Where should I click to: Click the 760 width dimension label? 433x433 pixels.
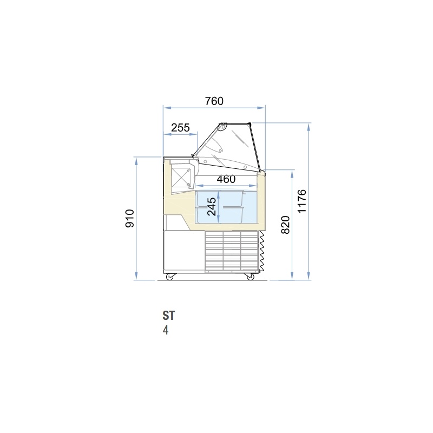pyautogui.click(x=214, y=101)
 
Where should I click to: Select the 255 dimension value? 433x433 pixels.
pyautogui.click(x=180, y=128)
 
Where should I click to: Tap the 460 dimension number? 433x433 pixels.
pyautogui.click(x=226, y=179)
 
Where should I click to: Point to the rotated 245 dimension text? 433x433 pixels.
pyautogui.click(x=212, y=207)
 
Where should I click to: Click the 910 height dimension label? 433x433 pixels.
pyautogui.click(x=130, y=219)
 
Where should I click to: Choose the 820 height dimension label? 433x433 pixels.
pyautogui.click(x=285, y=225)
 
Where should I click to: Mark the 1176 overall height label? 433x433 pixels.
pyautogui.click(x=302, y=201)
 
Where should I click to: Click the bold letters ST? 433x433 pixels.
pyautogui.click(x=168, y=316)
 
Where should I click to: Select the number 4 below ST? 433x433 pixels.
pyautogui.click(x=166, y=330)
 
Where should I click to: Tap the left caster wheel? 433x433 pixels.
pyautogui.click(x=169, y=277)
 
